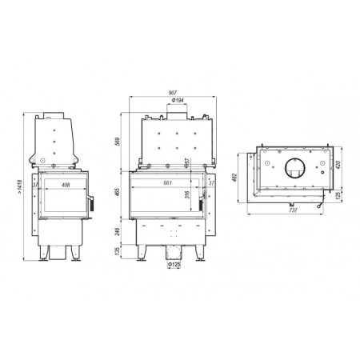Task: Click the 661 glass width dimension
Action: (x=167, y=183)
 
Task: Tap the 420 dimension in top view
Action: (x=341, y=166)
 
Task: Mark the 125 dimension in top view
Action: (x=341, y=196)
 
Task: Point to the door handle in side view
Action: (x=90, y=206)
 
